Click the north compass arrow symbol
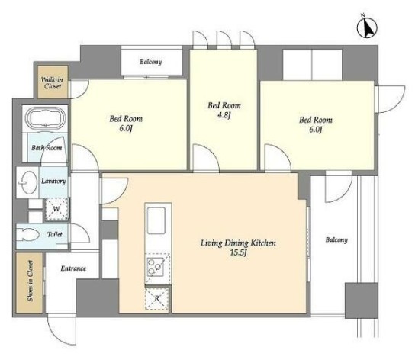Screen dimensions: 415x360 coord(367,27)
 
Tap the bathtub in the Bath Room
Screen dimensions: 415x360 coord(45,118)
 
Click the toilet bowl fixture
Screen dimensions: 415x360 coord(27,234)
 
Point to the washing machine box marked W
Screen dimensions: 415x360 coord(56,209)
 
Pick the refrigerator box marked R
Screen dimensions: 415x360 coord(156,298)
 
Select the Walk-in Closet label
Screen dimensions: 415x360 coord(52,82)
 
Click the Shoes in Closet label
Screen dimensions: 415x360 coord(30,281)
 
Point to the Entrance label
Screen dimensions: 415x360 coord(73,268)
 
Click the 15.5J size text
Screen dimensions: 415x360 coord(238,252)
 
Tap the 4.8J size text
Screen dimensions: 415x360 coord(224,115)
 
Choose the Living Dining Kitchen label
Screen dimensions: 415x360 coord(238,243)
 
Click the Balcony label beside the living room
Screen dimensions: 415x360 coord(336,239)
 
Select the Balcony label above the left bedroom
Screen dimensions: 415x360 coord(150,62)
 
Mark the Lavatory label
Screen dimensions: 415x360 coord(53,181)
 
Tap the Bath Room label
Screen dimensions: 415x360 coord(47,148)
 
